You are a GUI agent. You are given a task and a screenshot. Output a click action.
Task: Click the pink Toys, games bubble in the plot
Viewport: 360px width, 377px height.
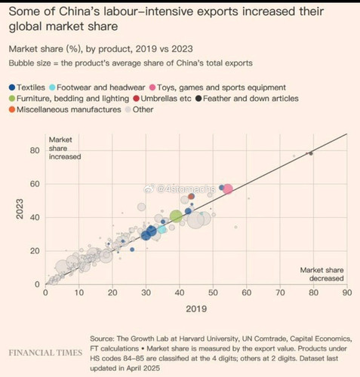pyautogui.click(x=228, y=189)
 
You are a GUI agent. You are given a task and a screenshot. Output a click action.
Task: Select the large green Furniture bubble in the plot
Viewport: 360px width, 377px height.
pyautogui.click(x=176, y=216)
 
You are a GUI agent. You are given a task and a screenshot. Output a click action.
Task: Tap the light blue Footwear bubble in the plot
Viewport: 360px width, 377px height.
pyautogui.click(x=162, y=229)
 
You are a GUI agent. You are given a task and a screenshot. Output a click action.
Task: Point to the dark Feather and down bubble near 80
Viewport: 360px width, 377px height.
pyautogui.click(x=311, y=153)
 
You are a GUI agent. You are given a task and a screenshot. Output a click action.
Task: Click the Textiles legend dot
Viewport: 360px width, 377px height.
pyautogui.click(x=12, y=87)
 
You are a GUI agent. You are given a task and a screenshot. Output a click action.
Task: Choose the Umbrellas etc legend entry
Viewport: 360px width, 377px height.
pyautogui.click(x=162, y=99)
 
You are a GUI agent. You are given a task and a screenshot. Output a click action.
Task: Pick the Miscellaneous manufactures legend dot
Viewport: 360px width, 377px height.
pyautogui.click(x=12, y=109)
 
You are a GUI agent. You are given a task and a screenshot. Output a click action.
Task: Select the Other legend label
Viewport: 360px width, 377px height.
pyautogui.click(x=143, y=109)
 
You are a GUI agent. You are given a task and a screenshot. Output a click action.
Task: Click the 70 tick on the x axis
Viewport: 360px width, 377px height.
pyautogui.click(x=280, y=293)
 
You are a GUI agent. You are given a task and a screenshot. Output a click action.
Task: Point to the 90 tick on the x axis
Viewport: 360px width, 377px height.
pyautogui.click(x=347, y=293)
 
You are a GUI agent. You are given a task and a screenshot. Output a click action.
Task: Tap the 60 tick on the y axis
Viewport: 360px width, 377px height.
pyautogui.click(x=35, y=184)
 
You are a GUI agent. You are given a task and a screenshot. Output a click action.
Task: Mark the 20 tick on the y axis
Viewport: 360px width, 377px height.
pyautogui.click(x=35, y=251)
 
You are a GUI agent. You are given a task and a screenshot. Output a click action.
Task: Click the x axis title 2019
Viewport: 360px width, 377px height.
pyautogui.click(x=196, y=309)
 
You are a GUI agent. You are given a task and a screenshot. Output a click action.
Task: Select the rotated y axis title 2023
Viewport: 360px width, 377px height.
pyautogui.click(x=20, y=209)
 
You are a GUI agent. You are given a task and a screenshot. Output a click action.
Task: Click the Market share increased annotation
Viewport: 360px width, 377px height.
pyautogui.click(x=65, y=149)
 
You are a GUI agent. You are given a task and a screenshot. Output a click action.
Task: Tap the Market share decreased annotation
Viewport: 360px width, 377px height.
pyautogui.click(x=322, y=274)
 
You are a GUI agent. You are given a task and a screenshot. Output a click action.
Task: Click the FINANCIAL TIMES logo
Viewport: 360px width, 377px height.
pyautogui.click(x=45, y=353)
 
